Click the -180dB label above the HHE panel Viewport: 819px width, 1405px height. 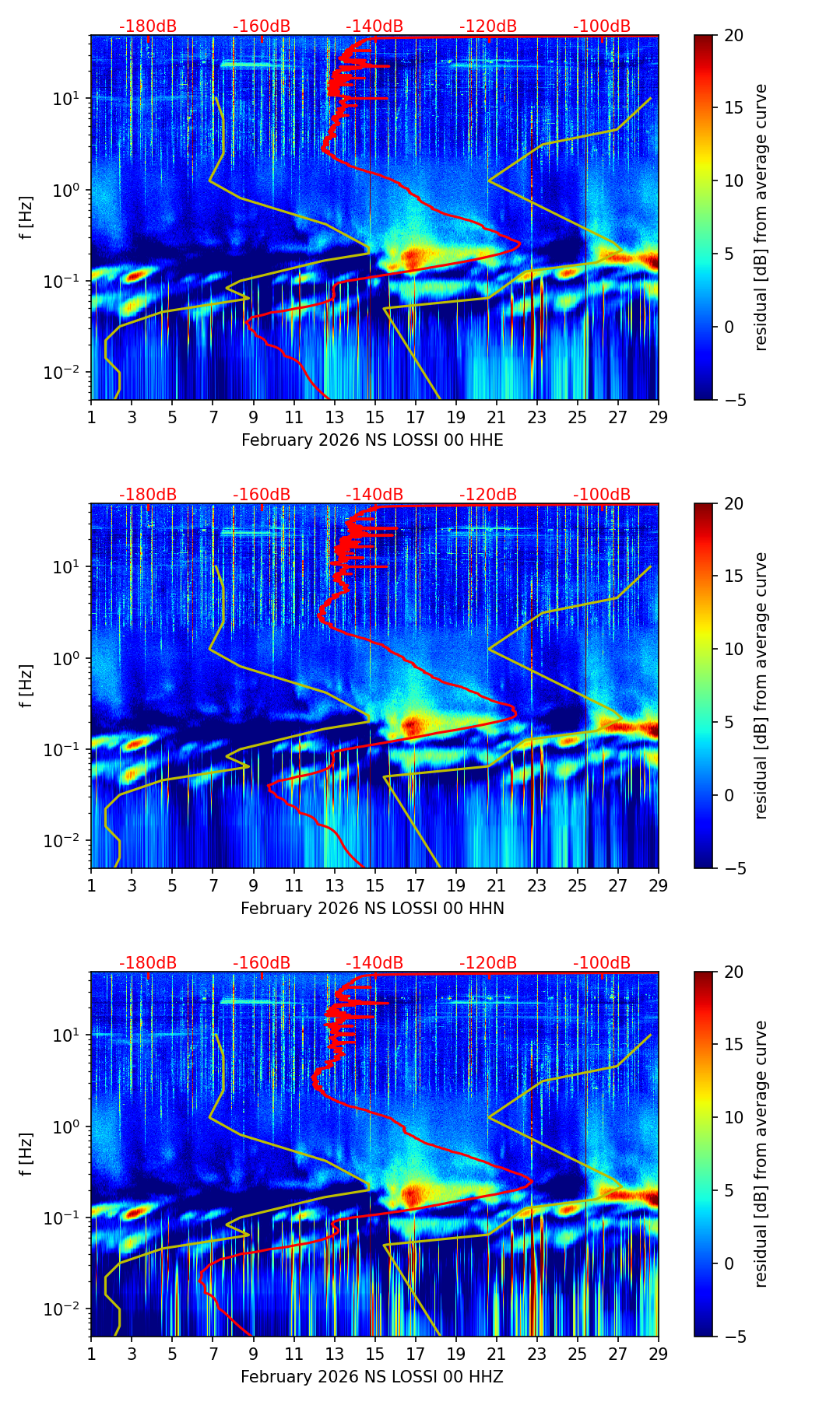click(148, 26)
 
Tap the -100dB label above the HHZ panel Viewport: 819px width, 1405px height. click(602, 963)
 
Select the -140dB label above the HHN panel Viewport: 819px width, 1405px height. click(374, 495)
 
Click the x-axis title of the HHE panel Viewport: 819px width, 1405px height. click(372, 440)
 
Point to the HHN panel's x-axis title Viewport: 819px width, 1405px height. click(372, 909)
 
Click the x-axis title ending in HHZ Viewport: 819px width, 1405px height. click(372, 1377)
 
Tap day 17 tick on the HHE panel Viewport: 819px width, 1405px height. click(416, 417)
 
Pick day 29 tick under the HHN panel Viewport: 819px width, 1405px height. click(659, 885)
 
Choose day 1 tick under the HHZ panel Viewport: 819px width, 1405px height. click(91, 1354)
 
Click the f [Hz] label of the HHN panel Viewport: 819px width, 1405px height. click(27, 685)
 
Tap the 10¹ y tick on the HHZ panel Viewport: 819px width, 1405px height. click(69, 1035)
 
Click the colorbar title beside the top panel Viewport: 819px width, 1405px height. click(761, 217)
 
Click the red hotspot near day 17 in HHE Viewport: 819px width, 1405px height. click(413, 256)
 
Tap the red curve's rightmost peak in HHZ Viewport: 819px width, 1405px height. click(533, 1182)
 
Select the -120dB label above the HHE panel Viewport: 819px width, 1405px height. click(488, 26)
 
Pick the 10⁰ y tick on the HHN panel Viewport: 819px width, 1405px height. click(69, 658)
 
